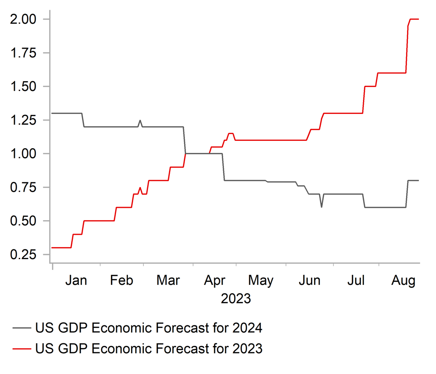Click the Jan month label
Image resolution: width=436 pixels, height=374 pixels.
click(x=76, y=280)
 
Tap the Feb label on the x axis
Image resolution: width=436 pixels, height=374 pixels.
click(x=122, y=280)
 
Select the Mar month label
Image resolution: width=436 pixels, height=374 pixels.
click(x=168, y=280)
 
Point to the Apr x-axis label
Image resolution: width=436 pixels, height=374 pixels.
click(x=214, y=281)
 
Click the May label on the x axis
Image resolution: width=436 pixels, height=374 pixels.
click(x=261, y=281)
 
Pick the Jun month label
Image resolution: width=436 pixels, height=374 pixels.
click(x=310, y=280)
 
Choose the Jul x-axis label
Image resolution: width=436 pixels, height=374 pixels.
click(x=356, y=280)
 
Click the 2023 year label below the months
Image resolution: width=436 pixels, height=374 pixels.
click(x=236, y=298)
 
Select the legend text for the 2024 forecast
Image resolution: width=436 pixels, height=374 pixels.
click(x=148, y=328)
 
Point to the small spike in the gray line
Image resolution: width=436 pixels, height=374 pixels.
click(x=140, y=121)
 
